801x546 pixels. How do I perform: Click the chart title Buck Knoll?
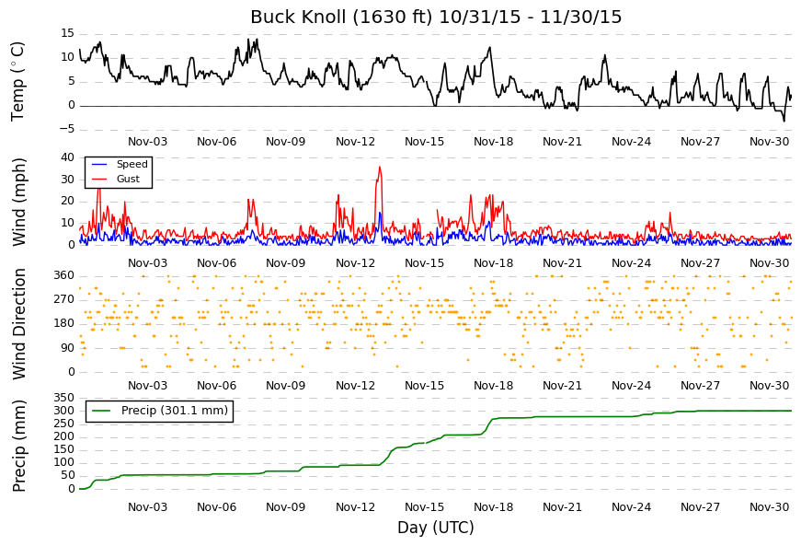(x=298, y=17)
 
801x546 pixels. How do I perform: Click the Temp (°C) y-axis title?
(x=17, y=82)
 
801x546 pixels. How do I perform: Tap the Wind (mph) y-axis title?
(x=18, y=202)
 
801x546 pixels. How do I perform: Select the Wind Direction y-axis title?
(x=18, y=324)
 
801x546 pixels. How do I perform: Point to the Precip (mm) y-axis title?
(x=18, y=446)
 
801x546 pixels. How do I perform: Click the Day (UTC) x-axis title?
(x=436, y=528)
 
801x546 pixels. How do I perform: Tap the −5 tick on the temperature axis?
(x=67, y=129)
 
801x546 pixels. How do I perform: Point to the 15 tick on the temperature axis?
(x=67, y=33)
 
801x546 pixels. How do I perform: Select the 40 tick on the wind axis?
(x=67, y=157)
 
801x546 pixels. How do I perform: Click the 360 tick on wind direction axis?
(x=64, y=275)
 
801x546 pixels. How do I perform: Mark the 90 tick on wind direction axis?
(x=67, y=348)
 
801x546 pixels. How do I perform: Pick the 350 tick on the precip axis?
(x=64, y=398)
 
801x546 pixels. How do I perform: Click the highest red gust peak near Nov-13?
(x=380, y=167)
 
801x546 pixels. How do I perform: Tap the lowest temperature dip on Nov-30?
(x=784, y=122)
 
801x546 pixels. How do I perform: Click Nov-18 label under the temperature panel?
(x=493, y=142)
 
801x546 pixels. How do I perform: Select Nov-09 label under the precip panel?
(x=286, y=507)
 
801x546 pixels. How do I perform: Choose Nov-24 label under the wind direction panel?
(x=632, y=386)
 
